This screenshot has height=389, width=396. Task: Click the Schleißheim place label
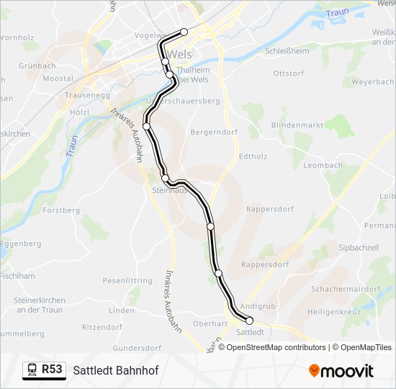[x=287, y=51]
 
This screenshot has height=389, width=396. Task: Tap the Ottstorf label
[x=289, y=73]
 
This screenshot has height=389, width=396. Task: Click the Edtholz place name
[x=253, y=156]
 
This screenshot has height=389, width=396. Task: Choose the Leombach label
[x=323, y=165]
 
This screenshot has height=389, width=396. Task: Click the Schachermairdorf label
[x=346, y=289]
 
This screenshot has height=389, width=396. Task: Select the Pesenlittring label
[x=127, y=280]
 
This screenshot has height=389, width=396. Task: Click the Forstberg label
[x=61, y=210]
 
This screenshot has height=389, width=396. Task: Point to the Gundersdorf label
[x=137, y=347]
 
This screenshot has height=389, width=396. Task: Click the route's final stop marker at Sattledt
[x=250, y=321]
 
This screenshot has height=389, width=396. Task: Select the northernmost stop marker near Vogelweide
[x=184, y=32]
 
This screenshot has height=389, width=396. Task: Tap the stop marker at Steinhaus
[x=166, y=178]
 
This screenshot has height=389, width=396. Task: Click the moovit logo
[x=341, y=370]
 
